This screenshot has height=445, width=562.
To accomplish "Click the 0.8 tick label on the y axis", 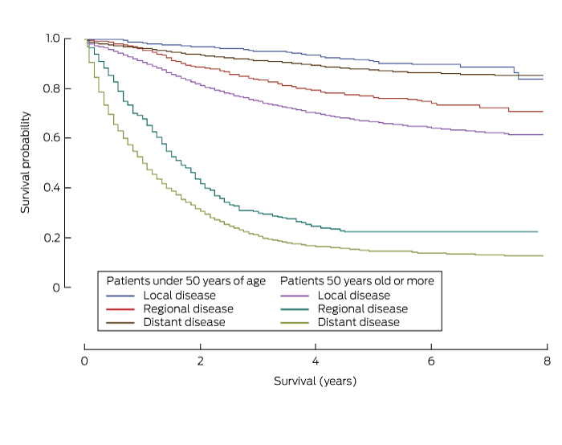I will pyautogui.click(x=52, y=88).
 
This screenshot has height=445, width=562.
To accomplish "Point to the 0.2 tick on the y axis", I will pyautogui.click(x=52, y=238).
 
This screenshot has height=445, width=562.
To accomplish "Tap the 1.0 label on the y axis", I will pyautogui.click(x=52, y=39).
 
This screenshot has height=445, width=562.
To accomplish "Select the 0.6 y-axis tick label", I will pyautogui.click(x=52, y=138).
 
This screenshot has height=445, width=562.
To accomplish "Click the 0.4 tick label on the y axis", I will pyautogui.click(x=52, y=188).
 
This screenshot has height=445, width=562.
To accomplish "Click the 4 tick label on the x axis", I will pyautogui.click(x=316, y=361).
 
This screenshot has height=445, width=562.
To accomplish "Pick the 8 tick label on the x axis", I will pyautogui.click(x=547, y=361).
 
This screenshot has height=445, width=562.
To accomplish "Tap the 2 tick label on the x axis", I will pyautogui.click(x=200, y=361).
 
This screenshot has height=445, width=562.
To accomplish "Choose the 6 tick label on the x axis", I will pyautogui.click(x=431, y=361).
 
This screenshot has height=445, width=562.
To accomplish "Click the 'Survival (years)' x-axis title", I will pyautogui.click(x=315, y=380).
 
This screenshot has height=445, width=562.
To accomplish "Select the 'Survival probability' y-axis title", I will pyautogui.click(x=26, y=162).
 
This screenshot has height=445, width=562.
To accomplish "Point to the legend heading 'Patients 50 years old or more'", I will pyautogui.click(x=356, y=281).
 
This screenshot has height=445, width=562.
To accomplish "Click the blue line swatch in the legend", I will pyautogui.click(x=120, y=296).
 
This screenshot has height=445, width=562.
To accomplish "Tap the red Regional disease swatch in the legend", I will pyautogui.click(x=120, y=309).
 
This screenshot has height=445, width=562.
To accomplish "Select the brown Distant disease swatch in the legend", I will pyautogui.click(x=120, y=322).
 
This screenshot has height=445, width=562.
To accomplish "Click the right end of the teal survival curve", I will pyautogui.click(x=537, y=231).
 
